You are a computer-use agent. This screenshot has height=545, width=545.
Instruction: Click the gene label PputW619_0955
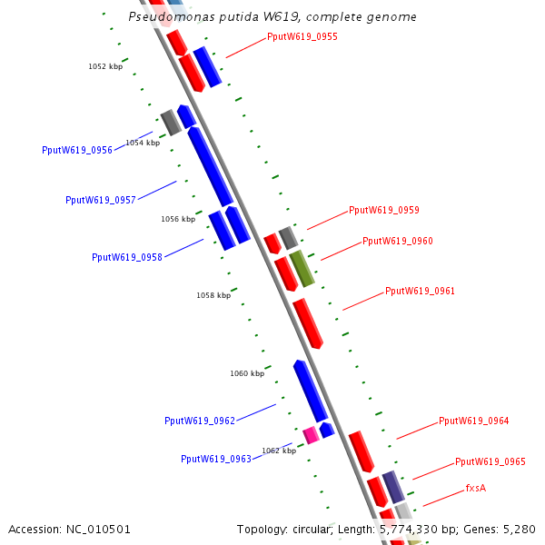tap(302, 37)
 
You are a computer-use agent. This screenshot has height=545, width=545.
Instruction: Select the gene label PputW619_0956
tap(77, 150)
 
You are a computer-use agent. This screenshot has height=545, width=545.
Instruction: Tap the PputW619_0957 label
tap(101, 200)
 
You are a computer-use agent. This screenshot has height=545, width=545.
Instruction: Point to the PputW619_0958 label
tap(127, 257)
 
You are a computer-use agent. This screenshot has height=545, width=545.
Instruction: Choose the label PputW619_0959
tap(384, 210)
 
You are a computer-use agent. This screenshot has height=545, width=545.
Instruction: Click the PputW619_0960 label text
tap(398, 241)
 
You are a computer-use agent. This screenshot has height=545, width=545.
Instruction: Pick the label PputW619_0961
tap(421, 291)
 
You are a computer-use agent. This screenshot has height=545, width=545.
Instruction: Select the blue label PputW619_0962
tap(200, 421)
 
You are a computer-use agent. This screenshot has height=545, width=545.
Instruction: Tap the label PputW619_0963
tap(216, 459)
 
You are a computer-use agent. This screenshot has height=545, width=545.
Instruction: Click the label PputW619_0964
tap(474, 421)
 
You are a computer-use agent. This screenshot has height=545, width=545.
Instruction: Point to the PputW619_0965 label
tap(490, 461)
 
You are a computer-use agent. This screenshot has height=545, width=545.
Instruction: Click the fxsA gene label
tap(476, 488)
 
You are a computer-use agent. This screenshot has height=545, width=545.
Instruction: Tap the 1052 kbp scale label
tap(105, 66)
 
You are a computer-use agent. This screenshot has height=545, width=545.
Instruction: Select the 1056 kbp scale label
tap(178, 219)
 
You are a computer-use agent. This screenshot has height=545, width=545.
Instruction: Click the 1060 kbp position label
tap(247, 373)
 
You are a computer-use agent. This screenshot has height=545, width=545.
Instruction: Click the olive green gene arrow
tap(302, 269)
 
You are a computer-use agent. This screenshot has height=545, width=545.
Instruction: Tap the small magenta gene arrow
tap(311, 434)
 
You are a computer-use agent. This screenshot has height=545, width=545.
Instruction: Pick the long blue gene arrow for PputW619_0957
tap(211, 166)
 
